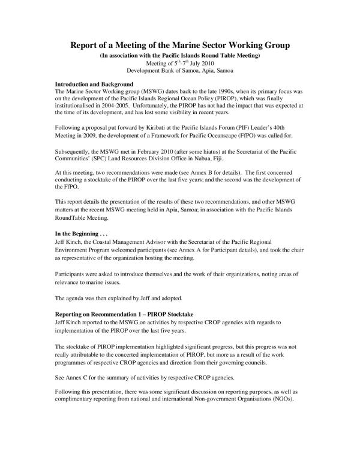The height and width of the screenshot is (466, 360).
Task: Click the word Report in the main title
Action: [x=88, y=45]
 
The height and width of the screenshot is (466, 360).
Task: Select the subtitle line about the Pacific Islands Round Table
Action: [x=179, y=55]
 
